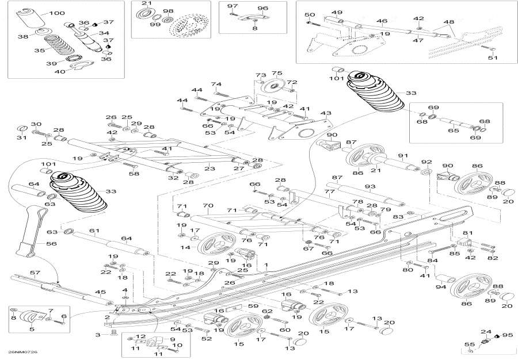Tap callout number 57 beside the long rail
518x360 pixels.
click(x=35, y=272)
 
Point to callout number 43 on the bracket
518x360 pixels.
click(x=326, y=113)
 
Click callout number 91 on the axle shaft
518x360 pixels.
click(x=402, y=155)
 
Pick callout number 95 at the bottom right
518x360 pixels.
click(x=507, y=335)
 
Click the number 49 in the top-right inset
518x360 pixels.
click(x=337, y=13)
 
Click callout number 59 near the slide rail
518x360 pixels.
click(x=253, y=306)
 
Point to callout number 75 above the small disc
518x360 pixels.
click(x=277, y=74)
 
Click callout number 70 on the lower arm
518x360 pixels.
click(x=208, y=205)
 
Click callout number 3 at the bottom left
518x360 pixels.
click(x=98, y=334)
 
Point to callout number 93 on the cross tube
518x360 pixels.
click(x=370, y=186)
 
